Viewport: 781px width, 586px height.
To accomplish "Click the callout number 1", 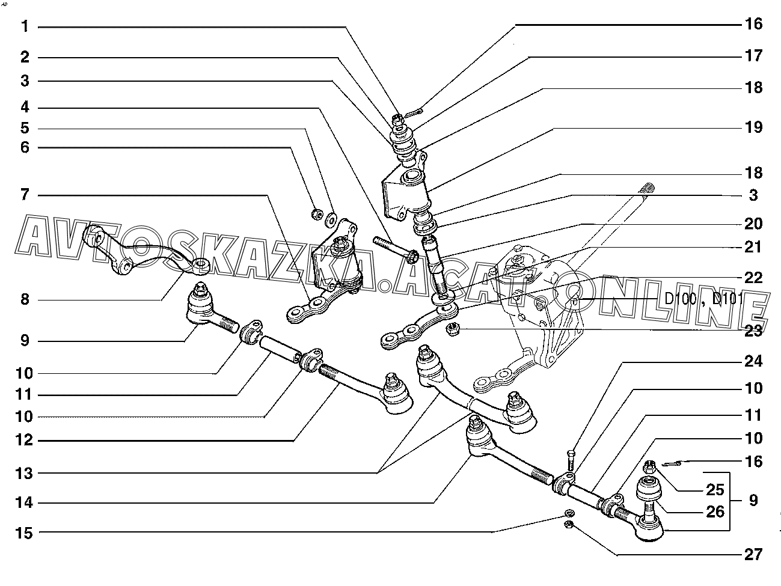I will tap(25, 26).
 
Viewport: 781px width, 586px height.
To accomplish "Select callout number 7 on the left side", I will tap(25, 195).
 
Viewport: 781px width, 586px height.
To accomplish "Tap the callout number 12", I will tap(25, 441).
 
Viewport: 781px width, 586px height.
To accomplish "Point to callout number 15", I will tap(25, 532).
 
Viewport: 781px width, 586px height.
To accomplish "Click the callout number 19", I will tap(753, 127).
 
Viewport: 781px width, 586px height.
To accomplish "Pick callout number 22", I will tap(753, 278).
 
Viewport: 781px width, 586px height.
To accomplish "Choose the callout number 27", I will tap(753, 554).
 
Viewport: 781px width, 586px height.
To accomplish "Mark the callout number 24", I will tap(753, 362).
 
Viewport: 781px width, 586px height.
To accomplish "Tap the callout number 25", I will tap(714, 490).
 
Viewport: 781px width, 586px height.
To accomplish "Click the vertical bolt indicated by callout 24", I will tap(571, 460).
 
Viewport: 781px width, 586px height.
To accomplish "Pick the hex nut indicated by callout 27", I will tap(569, 526).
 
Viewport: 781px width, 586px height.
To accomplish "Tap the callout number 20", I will tap(753, 224).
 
